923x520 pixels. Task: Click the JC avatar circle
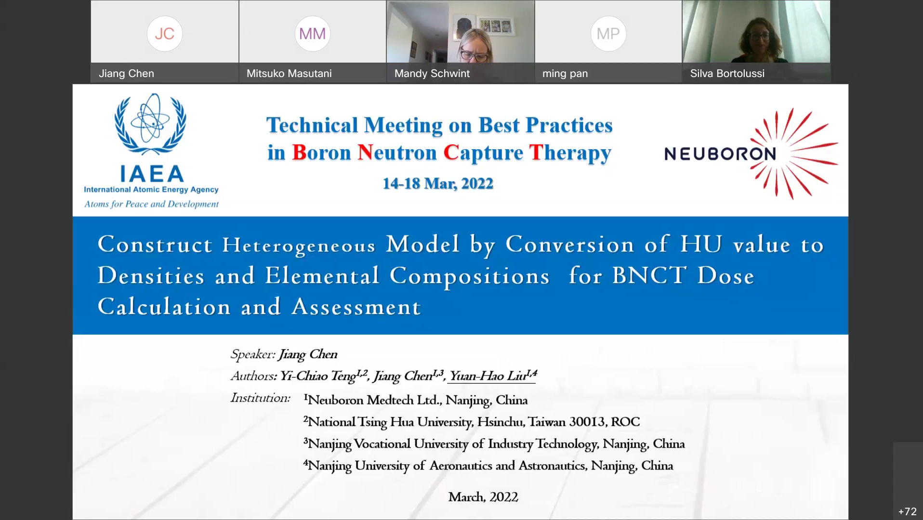tap(165, 34)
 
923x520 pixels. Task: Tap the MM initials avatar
tap(313, 34)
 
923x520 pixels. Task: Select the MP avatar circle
tap(608, 34)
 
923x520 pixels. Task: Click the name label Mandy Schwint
tap(432, 74)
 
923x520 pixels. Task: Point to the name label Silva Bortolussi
tap(727, 74)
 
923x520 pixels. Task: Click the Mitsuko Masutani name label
tap(289, 74)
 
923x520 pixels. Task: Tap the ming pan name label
tap(565, 74)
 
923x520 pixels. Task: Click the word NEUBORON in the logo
tap(720, 154)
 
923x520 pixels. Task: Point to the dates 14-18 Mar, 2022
tap(438, 183)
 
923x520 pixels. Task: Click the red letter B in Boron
tap(299, 153)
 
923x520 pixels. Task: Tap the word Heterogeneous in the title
tap(299, 246)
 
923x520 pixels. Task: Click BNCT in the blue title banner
tap(649, 276)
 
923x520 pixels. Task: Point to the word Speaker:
tap(253, 354)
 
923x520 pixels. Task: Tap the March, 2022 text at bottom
tap(483, 497)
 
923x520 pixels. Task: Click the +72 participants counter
tap(908, 511)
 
